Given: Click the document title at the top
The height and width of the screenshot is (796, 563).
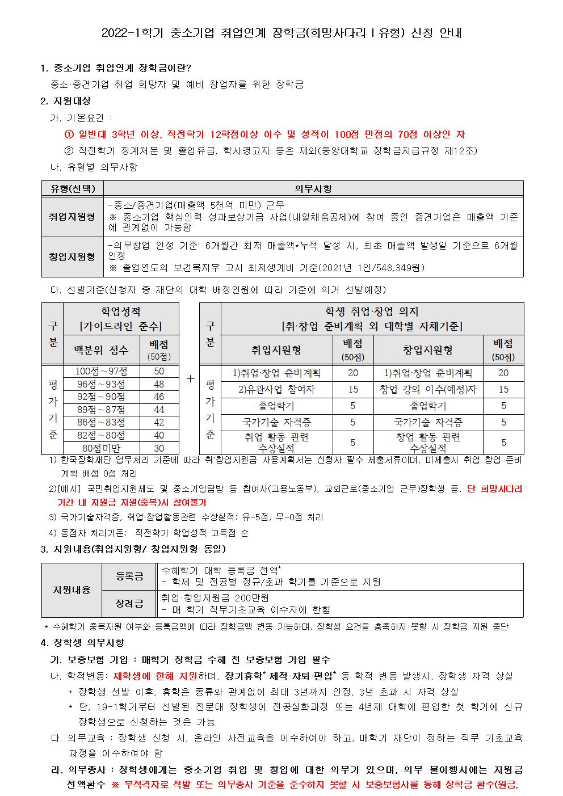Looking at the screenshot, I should tap(281, 33).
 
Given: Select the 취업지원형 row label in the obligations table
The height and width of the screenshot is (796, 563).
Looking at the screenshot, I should tap(73, 217).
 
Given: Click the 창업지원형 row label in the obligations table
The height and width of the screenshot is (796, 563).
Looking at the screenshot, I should tap(73, 256).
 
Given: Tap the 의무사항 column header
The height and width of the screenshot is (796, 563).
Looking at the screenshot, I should tap(313, 189).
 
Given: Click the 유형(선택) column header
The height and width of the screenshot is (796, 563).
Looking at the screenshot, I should tap(73, 189).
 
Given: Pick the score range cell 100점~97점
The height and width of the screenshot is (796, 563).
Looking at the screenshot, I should tap(102, 371).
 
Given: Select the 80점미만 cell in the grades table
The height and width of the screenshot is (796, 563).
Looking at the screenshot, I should tap(102, 448).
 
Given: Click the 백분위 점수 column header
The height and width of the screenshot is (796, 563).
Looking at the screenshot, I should tap(102, 350).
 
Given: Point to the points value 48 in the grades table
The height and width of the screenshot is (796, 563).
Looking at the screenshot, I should tap(159, 384).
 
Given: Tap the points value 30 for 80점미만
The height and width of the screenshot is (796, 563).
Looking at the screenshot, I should tap(159, 448).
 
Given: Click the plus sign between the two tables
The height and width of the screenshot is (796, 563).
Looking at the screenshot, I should tap(190, 378).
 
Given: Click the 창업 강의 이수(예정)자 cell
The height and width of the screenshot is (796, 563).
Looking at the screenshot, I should tap(428, 389).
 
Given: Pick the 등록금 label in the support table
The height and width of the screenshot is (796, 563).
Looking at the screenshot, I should tap(129, 576).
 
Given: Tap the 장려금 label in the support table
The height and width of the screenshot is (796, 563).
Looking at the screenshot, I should tap(129, 604).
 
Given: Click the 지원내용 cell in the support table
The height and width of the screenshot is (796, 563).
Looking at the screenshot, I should tap(72, 590).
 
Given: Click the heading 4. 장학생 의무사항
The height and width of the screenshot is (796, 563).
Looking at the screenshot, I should tap(82, 643).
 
